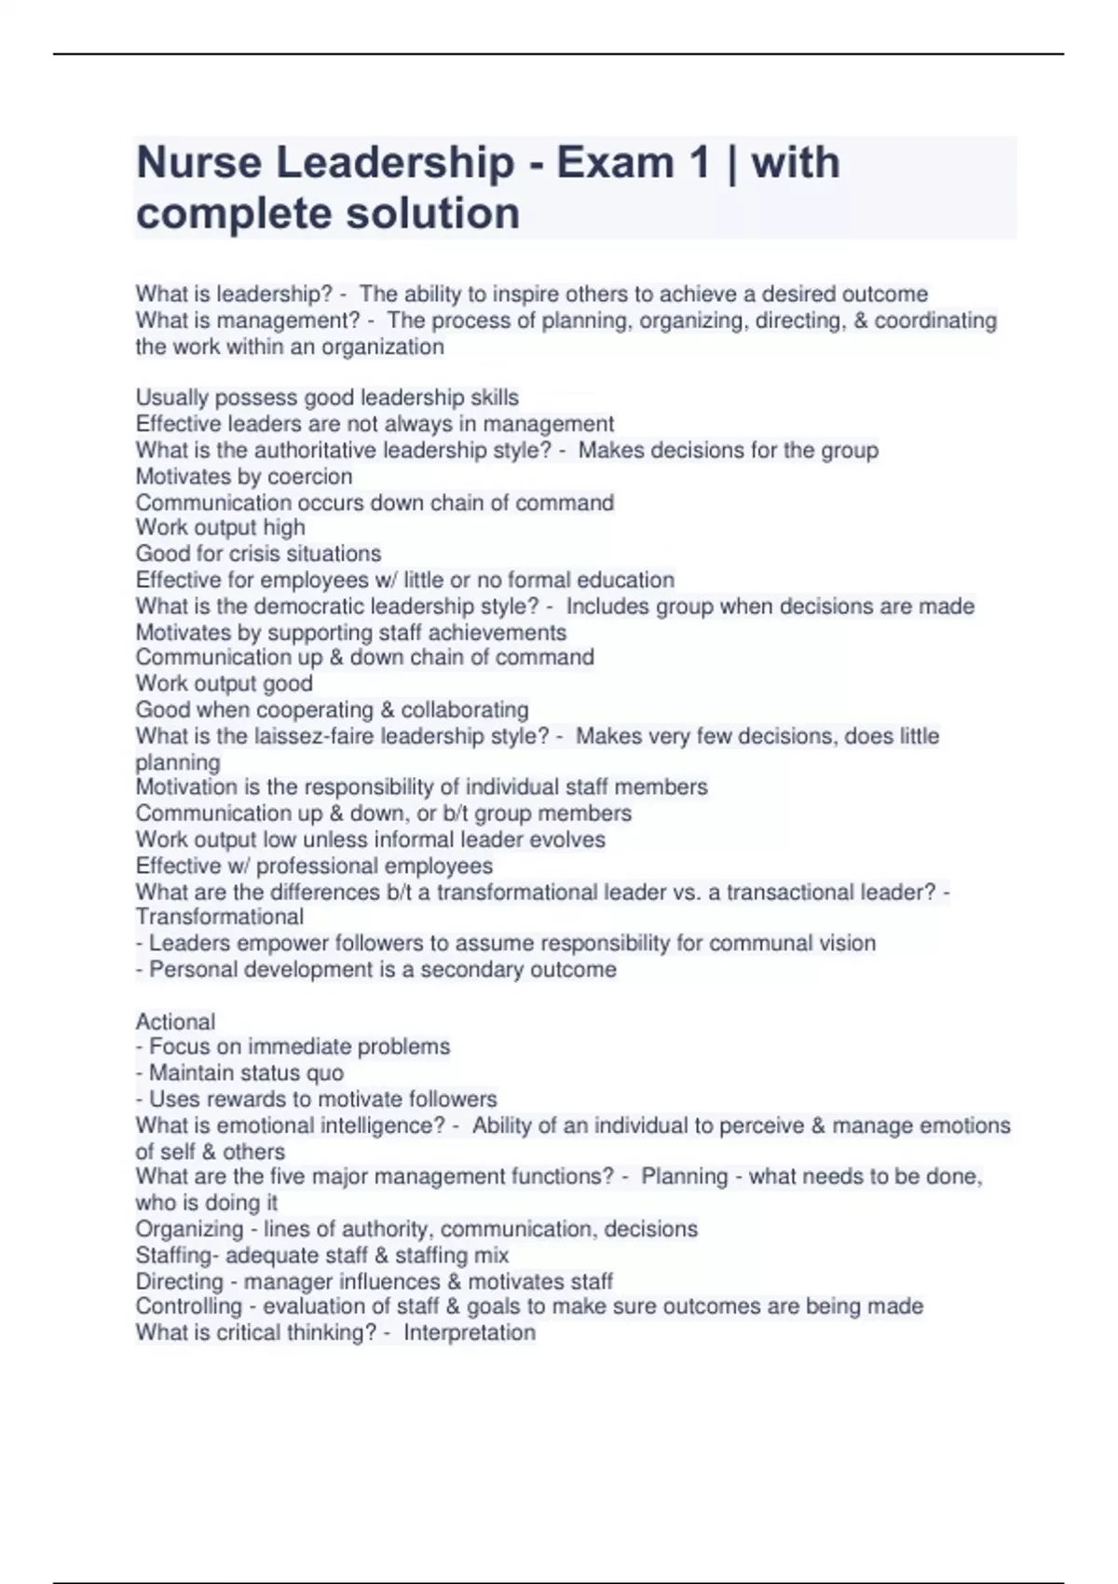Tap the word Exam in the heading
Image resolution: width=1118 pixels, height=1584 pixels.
pyautogui.click(x=615, y=163)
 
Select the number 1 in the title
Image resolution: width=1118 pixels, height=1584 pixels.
pyautogui.click(x=699, y=163)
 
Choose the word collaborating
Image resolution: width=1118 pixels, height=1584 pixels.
pyautogui.click(x=464, y=710)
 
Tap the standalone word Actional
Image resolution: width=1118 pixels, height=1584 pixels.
pyautogui.click(x=175, y=1021)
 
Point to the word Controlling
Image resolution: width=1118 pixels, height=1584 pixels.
pyautogui.click(x=188, y=1306)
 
